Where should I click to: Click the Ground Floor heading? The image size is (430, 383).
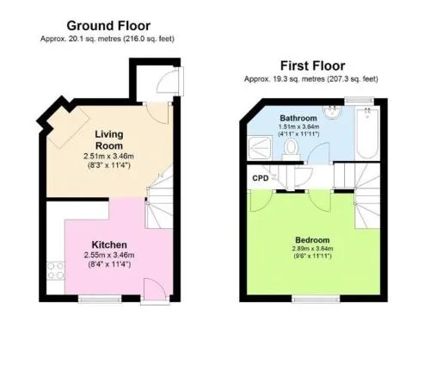108,26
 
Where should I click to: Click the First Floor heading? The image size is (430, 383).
312,66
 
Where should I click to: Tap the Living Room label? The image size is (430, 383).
109,139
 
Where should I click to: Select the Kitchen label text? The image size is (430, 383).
109,244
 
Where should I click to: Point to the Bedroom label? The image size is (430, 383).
312,240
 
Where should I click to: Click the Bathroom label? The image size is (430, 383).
298,118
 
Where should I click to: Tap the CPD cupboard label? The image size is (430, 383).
261,178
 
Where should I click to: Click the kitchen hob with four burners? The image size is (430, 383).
56,271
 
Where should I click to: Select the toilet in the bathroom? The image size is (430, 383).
292,149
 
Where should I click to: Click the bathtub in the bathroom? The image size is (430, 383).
367,133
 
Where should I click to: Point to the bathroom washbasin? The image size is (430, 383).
332,112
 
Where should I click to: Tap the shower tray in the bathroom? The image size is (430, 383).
260,148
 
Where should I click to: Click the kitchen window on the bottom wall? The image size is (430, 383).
100,299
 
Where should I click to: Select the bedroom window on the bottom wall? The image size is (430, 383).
316,299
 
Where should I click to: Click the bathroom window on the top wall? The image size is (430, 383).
359,100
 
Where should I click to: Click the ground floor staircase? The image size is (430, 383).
159,198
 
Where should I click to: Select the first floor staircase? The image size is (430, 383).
367,195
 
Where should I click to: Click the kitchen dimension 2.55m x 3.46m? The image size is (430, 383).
109,255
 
